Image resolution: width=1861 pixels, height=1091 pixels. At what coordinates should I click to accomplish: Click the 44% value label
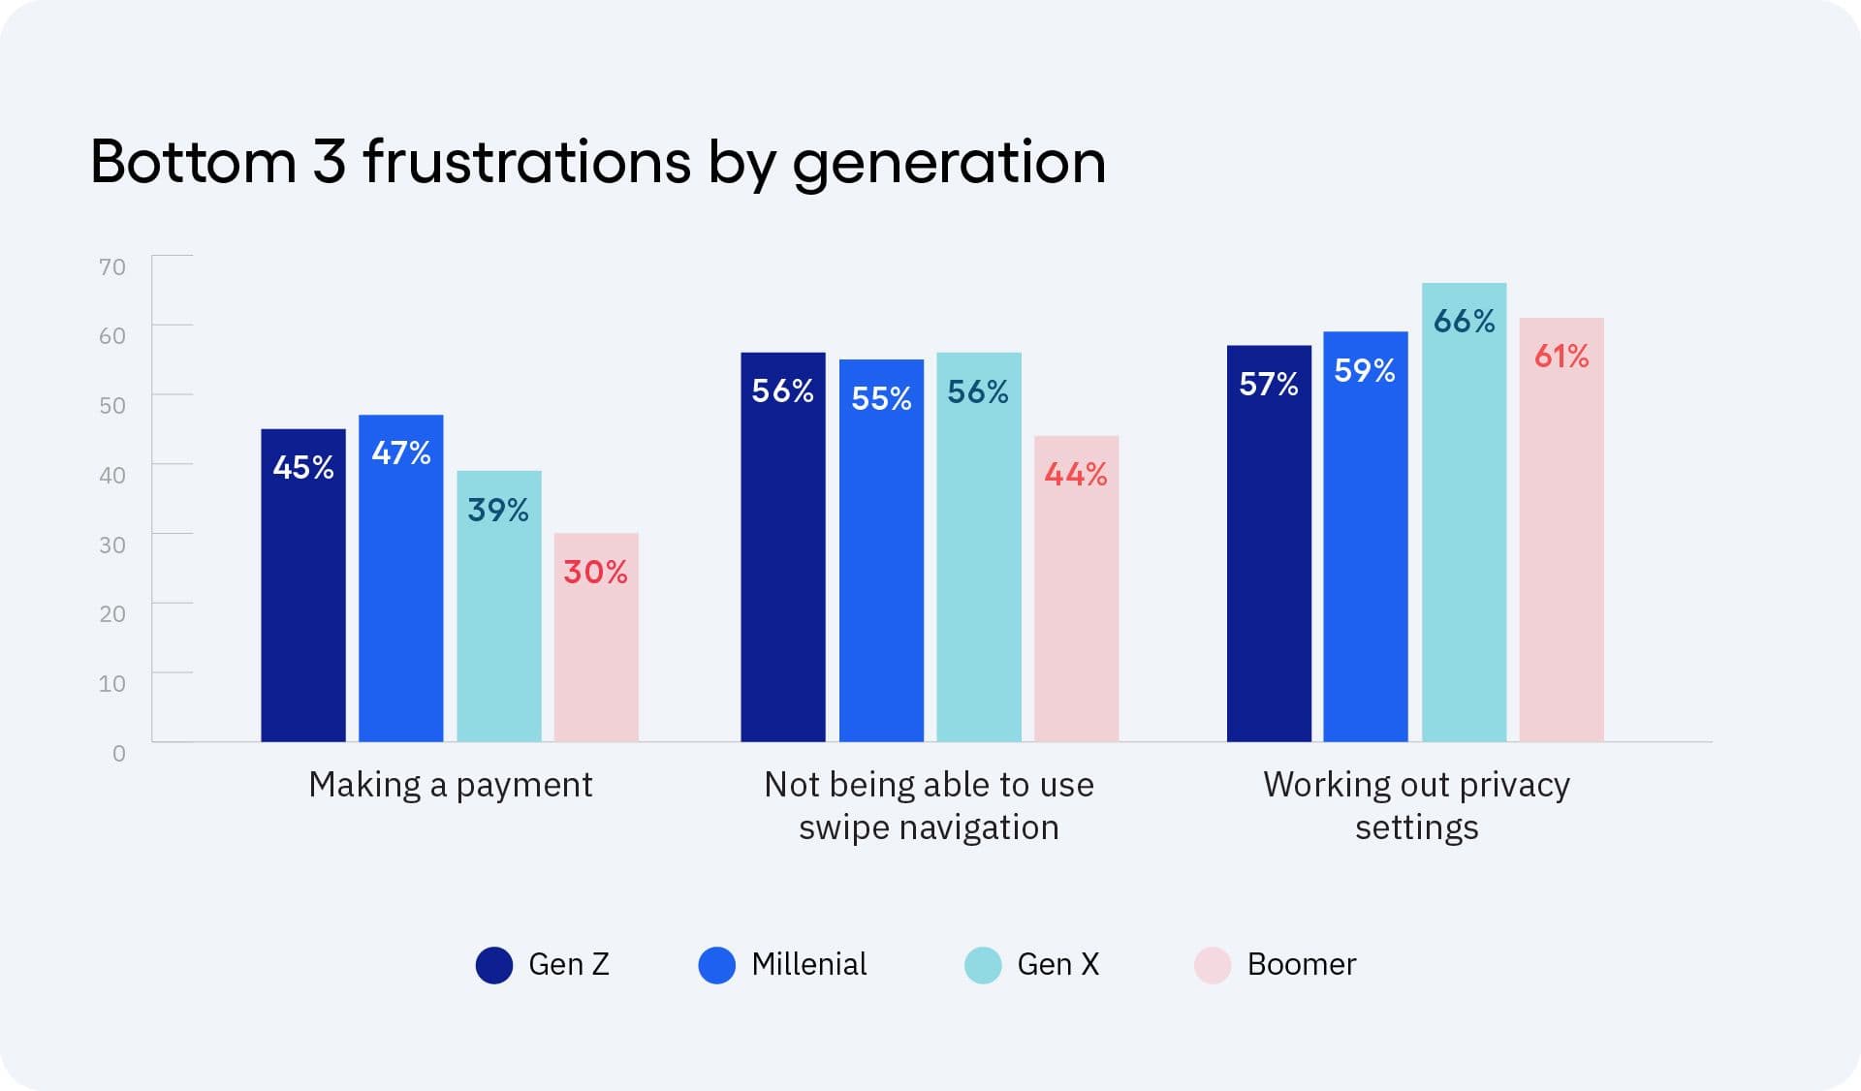(1076, 474)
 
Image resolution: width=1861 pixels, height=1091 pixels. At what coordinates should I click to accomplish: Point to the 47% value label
(401, 452)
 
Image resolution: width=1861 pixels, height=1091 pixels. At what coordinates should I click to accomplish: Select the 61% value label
(1561, 356)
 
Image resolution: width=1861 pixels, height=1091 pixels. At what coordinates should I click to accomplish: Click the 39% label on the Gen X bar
(498, 510)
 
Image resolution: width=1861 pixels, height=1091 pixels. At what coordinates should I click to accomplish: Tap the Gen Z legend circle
(494, 965)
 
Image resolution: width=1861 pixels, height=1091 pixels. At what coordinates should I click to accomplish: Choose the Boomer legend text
(1301, 964)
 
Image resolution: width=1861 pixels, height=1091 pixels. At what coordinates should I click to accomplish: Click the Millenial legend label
(808, 964)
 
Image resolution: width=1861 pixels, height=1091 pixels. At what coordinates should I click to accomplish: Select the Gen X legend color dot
(983, 965)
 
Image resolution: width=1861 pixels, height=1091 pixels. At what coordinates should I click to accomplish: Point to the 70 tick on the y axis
(112, 266)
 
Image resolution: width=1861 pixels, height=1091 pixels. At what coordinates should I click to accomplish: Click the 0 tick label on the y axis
(118, 753)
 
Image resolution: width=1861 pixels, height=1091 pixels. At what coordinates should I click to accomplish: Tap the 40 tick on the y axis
(112, 475)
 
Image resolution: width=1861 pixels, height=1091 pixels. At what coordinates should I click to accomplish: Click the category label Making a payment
(450, 784)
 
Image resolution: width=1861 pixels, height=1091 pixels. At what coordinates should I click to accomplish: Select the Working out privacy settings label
(1416, 805)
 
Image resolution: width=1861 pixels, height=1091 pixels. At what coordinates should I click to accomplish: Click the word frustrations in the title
(526, 161)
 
